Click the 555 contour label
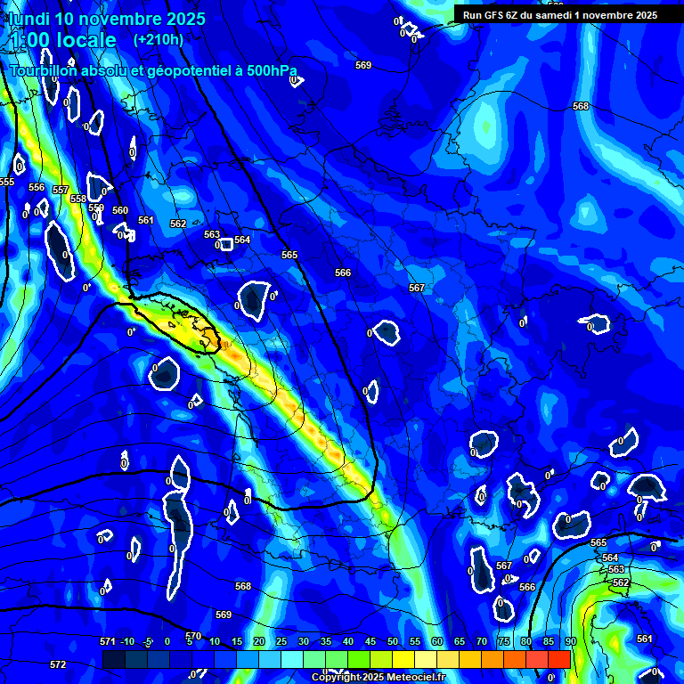pyautogui.click(x=7, y=182)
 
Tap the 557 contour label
pyautogui.click(x=61, y=190)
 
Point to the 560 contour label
pyautogui.click(x=120, y=211)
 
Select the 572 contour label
pyautogui.click(x=58, y=664)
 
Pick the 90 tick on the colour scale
pyautogui.click(x=570, y=642)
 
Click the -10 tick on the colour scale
pyautogui.click(x=127, y=642)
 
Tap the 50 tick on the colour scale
pyautogui.click(x=393, y=642)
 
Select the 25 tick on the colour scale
pyautogui.click(x=281, y=642)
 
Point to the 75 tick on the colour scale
pyautogui.click(x=504, y=642)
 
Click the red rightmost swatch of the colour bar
pyautogui.click(x=558, y=659)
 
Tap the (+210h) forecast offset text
pyautogui.click(x=158, y=40)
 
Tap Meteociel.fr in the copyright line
pyautogui.click(x=413, y=678)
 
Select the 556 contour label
pyautogui.click(x=37, y=187)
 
